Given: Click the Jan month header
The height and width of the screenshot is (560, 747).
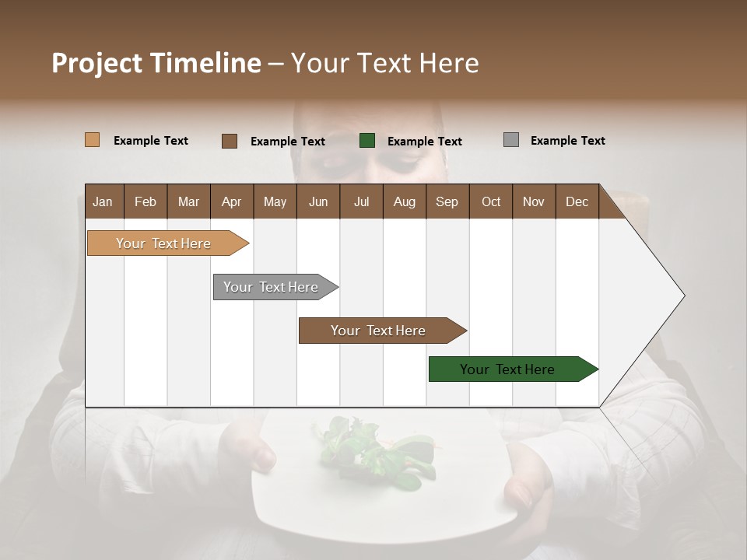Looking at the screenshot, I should tap(103, 201).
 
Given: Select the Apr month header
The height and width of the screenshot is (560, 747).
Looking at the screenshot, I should tap(232, 201).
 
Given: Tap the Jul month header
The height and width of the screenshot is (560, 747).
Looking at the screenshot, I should tap(361, 201).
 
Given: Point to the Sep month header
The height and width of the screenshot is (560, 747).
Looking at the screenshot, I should tap(447, 201).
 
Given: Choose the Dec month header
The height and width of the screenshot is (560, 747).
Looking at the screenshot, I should tap(577, 201).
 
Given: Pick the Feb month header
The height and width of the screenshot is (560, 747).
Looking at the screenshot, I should tap(146, 201).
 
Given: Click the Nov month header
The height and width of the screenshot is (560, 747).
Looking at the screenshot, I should tap(534, 201).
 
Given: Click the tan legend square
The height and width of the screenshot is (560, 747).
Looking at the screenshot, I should tap(92, 140).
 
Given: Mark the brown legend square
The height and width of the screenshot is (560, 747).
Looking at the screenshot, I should tap(229, 141).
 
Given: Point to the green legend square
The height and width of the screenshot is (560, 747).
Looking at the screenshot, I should tap(367, 141).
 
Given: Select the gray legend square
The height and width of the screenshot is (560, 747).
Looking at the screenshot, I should tap(511, 140).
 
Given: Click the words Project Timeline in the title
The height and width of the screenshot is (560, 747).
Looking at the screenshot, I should tap(156, 63).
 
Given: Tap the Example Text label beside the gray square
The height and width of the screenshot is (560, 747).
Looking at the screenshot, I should tap(567, 141).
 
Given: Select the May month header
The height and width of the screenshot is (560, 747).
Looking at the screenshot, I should tap(275, 201).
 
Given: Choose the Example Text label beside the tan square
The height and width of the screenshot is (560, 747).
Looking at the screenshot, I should tap(151, 141).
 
